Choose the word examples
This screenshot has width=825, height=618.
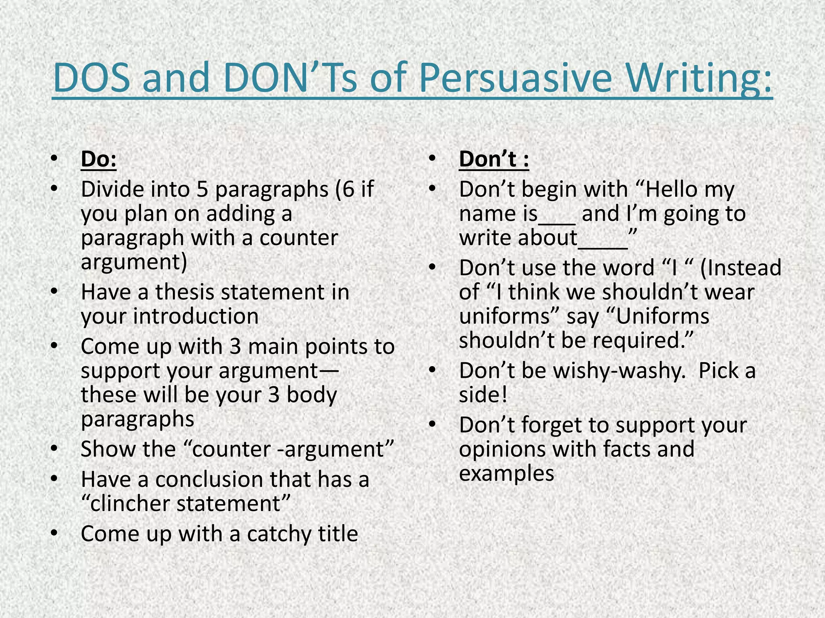point(506,474)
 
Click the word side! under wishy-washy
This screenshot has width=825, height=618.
point(483,395)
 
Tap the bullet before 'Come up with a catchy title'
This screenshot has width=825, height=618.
point(55,534)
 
